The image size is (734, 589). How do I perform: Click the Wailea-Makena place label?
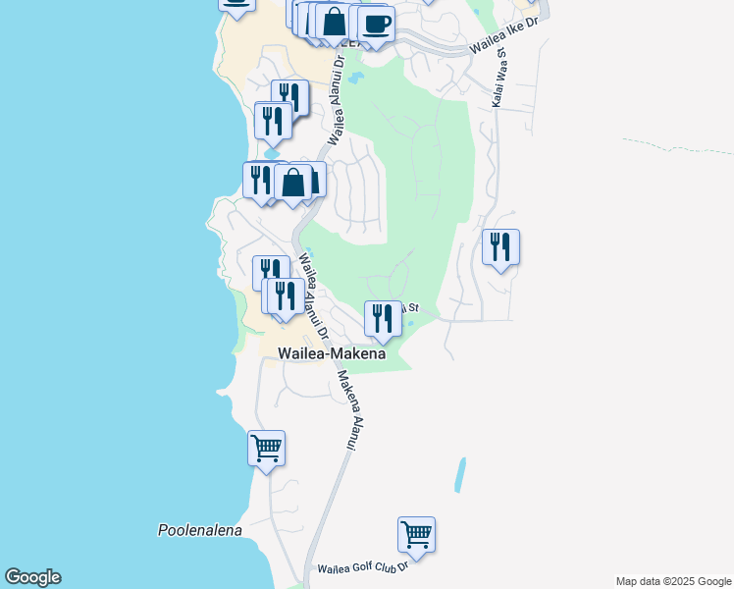tap(332, 353)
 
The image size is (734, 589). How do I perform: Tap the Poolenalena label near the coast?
tap(199, 530)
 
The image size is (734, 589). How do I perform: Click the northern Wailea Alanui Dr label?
tap(337, 98)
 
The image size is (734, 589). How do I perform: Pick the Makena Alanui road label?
tap(345, 409)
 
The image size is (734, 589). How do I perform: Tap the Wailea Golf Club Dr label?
tap(361, 568)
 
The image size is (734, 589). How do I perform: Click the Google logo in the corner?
tap(32, 577)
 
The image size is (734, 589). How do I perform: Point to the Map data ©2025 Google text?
tap(674, 581)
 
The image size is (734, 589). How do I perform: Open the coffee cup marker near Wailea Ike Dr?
tap(377, 24)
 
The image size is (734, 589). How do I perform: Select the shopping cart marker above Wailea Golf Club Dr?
tap(416, 536)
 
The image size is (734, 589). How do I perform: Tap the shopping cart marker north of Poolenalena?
tap(267, 449)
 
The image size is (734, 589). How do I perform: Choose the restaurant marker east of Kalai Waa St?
tap(500, 247)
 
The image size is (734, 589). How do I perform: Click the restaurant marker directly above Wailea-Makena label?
tap(383, 318)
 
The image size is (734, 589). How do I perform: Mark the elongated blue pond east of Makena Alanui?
tap(459, 475)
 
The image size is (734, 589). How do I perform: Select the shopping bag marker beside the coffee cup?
tap(334, 22)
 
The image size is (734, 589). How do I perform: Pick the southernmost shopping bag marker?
tap(293, 182)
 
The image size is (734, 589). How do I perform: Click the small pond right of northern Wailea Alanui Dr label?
tap(355, 76)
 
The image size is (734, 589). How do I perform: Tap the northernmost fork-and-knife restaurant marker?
tap(289, 96)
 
